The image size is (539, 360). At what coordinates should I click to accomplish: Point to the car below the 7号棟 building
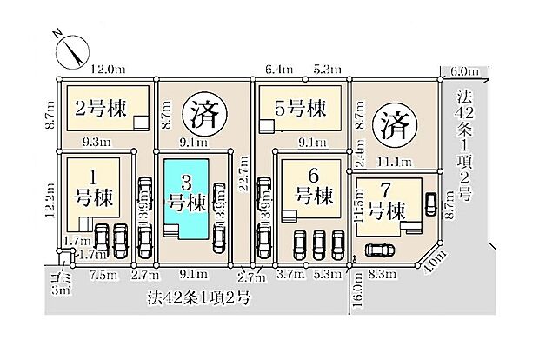(379, 250)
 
